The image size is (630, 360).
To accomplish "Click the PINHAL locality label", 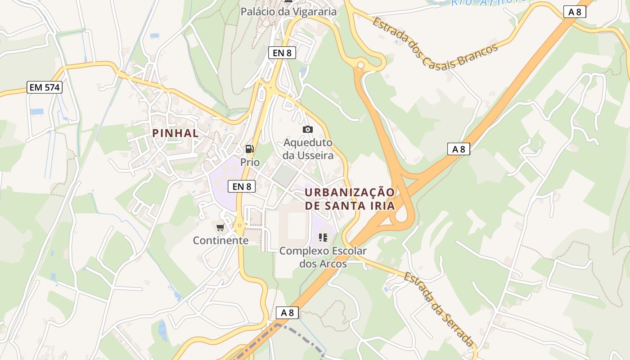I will pyautogui.click(x=175, y=133).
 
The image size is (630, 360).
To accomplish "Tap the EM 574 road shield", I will pyautogui.click(x=44, y=87).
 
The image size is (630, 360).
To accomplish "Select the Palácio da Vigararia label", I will pyautogui.click(x=288, y=12).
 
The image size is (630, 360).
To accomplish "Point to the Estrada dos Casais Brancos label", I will pyautogui.click(x=435, y=43).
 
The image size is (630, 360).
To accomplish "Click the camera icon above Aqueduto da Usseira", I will pyautogui.click(x=308, y=130).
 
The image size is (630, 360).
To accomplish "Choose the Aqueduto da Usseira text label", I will pyautogui.click(x=309, y=149).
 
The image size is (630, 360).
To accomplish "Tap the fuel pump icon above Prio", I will pyautogui.click(x=249, y=149).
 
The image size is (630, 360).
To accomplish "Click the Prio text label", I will pyautogui.click(x=250, y=162).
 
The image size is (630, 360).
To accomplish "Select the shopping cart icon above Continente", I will pyautogui.click(x=220, y=228).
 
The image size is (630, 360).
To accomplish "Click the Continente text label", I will pyautogui.click(x=220, y=240).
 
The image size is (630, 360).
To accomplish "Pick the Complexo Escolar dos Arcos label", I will pyautogui.click(x=323, y=257).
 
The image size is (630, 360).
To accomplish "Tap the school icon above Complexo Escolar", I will pyautogui.click(x=323, y=238).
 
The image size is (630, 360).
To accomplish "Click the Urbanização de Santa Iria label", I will pyautogui.click(x=350, y=199).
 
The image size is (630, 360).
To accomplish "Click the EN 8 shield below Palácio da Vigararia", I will pyautogui.click(x=282, y=53).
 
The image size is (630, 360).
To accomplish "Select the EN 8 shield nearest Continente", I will pyautogui.click(x=242, y=186).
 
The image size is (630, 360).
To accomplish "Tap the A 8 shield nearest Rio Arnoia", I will pyautogui.click(x=575, y=12).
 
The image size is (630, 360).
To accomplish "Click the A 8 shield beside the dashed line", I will pyautogui.click(x=287, y=312).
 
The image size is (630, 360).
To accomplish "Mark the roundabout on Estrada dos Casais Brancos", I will pyautogui.click(x=360, y=66).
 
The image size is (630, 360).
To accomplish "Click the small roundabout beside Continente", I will pyautogui.click(x=239, y=225).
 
